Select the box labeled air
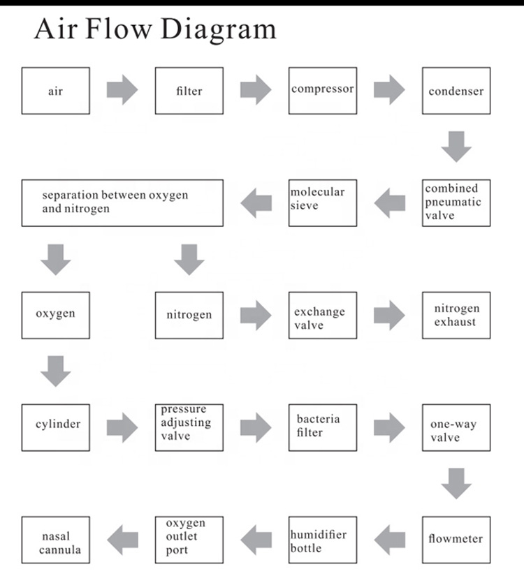[x=56, y=91]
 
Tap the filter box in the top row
[x=189, y=91]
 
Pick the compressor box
[x=323, y=91]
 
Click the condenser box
[x=456, y=91]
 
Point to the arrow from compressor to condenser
[x=389, y=90]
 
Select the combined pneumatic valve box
[x=456, y=202]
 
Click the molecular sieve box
[x=323, y=202]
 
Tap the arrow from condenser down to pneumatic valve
[x=456, y=146]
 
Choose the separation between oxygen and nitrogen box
[x=122, y=202]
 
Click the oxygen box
[x=56, y=315]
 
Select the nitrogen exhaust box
[x=456, y=315]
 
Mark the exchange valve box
[x=323, y=315]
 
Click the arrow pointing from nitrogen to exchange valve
[x=256, y=315]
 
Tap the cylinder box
[x=56, y=427]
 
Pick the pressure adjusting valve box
[x=189, y=427]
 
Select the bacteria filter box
[x=323, y=427]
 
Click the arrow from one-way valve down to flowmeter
[x=456, y=483]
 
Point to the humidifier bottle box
[x=323, y=539]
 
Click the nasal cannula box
[x=56, y=539]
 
